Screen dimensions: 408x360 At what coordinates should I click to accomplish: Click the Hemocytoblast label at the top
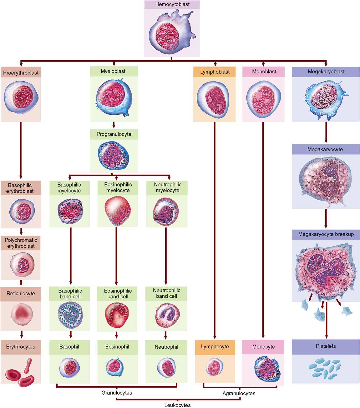point(172,5)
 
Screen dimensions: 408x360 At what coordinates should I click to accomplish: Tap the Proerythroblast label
point(21,73)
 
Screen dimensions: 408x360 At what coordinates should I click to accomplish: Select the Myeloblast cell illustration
point(114,95)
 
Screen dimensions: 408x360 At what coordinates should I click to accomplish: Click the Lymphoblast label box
point(215,72)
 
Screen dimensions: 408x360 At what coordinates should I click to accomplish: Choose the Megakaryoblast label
point(326,72)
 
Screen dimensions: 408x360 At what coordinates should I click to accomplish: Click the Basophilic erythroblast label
point(21,188)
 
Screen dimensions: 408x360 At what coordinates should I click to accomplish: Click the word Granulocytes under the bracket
point(117,393)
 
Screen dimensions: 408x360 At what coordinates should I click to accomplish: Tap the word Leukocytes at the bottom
point(177,405)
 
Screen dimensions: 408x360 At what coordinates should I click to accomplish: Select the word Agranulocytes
point(239,393)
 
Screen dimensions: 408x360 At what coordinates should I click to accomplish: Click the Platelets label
point(326,346)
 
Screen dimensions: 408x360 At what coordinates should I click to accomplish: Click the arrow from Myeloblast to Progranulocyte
point(114,125)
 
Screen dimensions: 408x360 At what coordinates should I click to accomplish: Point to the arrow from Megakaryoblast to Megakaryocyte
point(326,132)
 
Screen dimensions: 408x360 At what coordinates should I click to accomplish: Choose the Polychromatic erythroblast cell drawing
point(21,263)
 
